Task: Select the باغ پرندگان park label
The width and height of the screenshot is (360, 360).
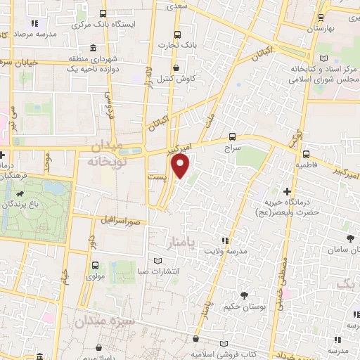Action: [x=26, y=204]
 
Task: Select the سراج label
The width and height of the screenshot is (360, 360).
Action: [x=232, y=150]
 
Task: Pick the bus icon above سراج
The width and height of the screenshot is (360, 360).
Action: [x=233, y=138]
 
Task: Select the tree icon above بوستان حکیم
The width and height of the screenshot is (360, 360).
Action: [x=243, y=295]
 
